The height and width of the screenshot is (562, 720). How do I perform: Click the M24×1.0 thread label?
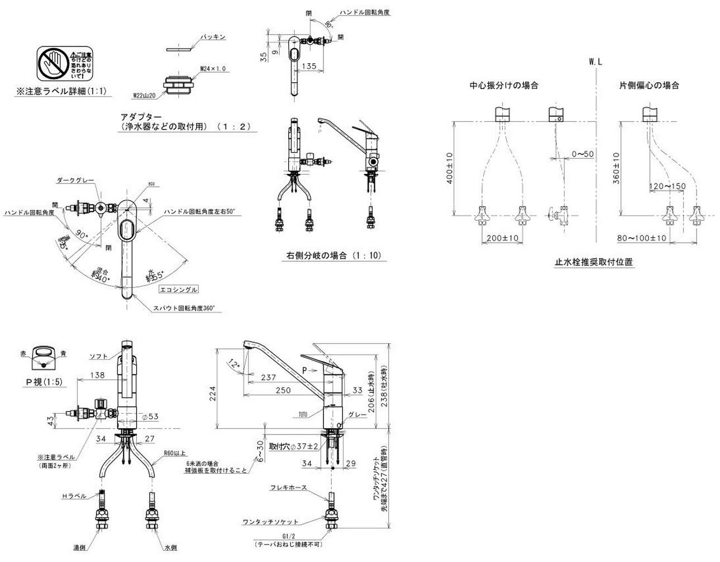pyautogui.click(x=213, y=68)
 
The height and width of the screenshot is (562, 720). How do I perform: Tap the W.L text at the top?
pyautogui.click(x=595, y=62)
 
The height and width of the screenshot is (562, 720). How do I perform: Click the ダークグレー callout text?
pyautogui.click(x=75, y=181)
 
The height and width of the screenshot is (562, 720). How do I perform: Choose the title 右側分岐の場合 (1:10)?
pyautogui.click(x=333, y=256)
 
